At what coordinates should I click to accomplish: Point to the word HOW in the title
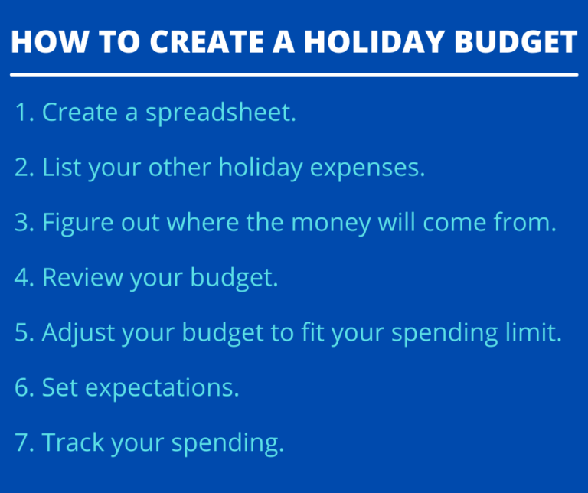[44, 41]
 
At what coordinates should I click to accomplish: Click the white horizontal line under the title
[294, 75]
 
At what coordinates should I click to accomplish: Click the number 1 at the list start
[21, 113]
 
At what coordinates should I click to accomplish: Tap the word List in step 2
[60, 168]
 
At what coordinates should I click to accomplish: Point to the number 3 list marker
[21, 223]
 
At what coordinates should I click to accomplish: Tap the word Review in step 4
[81, 278]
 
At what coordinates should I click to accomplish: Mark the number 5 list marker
[21, 333]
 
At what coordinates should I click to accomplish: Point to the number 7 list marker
[21, 443]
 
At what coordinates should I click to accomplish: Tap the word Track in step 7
[73, 443]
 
